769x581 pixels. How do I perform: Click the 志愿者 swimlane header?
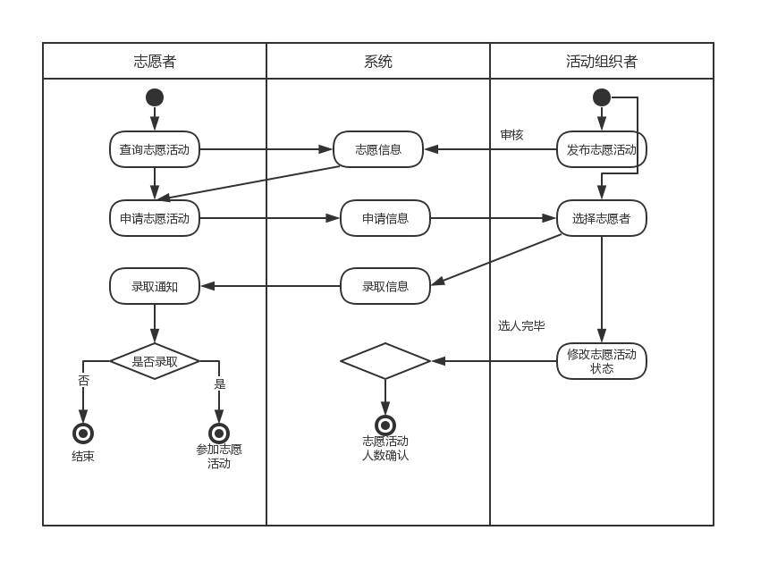click(155, 62)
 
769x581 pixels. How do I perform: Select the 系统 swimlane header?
click(378, 62)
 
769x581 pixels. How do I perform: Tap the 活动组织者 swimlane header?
click(602, 62)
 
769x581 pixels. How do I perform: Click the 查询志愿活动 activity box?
click(155, 149)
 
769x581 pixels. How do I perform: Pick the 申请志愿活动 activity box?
click(155, 218)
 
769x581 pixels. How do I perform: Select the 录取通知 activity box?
click(155, 286)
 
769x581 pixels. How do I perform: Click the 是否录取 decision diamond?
click(155, 361)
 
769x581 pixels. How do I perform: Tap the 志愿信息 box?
click(378, 149)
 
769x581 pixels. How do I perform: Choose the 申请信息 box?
click(385, 218)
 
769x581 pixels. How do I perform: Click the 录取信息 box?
click(385, 286)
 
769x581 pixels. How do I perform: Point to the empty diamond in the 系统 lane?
click(385, 361)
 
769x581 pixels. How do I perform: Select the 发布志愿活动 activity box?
click(602, 149)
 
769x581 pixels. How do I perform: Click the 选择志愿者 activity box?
click(602, 218)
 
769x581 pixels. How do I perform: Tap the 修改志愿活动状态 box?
click(602, 361)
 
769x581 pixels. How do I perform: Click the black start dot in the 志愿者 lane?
click(155, 97)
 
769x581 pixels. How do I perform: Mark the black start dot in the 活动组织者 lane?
click(602, 97)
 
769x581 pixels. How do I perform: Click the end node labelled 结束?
click(83, 434)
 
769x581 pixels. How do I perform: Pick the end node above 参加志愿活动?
click(219, 434)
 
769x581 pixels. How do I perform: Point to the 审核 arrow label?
click(511, 135)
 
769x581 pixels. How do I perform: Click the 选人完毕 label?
click(521, 326)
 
